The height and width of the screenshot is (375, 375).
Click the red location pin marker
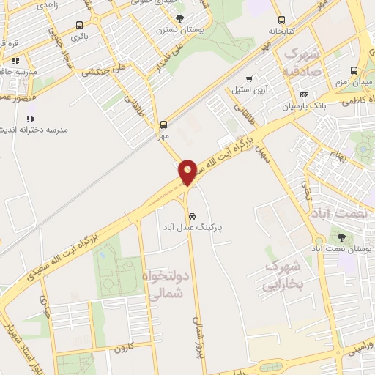[187, 172]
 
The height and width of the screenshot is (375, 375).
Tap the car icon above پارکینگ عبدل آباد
[192, 216]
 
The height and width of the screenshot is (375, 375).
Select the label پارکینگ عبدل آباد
[193, 228]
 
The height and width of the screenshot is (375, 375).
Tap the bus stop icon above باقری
[79, 25]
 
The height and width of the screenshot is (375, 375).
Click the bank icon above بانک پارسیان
[304, 94]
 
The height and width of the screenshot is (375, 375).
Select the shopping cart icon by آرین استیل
[249, 78]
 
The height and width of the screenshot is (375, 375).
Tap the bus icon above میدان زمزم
[354, 71]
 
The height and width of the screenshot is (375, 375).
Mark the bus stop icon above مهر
[163, 124]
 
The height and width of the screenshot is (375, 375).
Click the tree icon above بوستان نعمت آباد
[341, 237]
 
